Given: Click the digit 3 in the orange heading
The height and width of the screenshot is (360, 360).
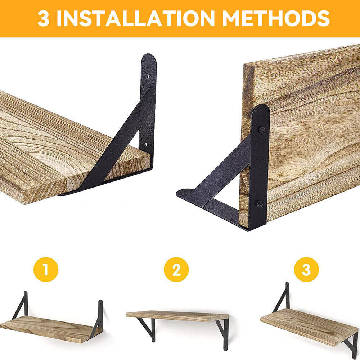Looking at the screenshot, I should [43, 19].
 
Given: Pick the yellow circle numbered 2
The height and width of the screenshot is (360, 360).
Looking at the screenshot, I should [176, 269].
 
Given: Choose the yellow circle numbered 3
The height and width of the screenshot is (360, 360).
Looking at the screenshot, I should [306, 269].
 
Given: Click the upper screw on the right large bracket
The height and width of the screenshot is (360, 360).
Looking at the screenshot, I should [262, 130].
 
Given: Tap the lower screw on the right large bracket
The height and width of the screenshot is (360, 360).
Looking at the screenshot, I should [260, 204].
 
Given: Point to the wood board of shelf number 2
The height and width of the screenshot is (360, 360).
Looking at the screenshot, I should [176, 316].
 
